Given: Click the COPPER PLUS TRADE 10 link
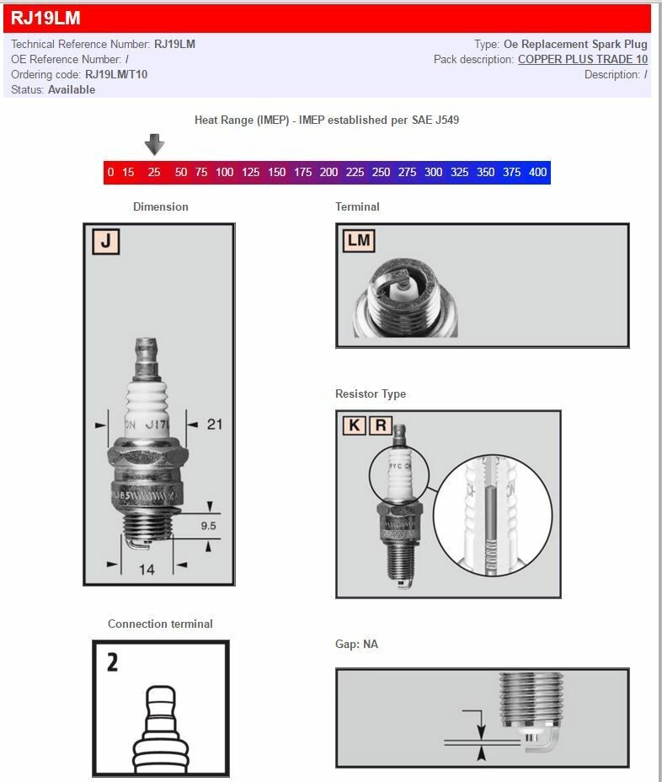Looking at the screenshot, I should coord(583,59).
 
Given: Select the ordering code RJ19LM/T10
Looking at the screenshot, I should coord(116,74).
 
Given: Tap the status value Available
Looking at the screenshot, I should coord(72,89).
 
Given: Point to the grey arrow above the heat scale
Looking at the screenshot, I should coord(154,145).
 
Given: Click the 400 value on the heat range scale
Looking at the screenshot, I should coord(537,172).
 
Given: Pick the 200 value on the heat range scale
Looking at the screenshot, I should coord(328,172).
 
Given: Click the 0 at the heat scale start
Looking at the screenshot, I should coord(110,172).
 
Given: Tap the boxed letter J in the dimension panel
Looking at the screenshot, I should coord(105,242).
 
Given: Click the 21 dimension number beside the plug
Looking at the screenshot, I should coord(215,424).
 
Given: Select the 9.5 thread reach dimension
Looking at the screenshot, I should coord(208,525).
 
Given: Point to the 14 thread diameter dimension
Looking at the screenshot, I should coord(147,570).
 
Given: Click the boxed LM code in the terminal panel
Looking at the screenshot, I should coord(359,240).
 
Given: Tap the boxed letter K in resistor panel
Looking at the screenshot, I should coord(355,425).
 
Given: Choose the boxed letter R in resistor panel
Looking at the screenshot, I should coord(380,425).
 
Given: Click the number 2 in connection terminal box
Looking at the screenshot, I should coord(113,662).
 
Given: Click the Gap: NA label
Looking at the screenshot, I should coord(356,644).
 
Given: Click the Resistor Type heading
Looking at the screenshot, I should coord(371,394).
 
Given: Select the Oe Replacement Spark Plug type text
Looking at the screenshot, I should coord(575,44).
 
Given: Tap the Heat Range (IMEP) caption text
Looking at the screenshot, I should coord(327,120).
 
